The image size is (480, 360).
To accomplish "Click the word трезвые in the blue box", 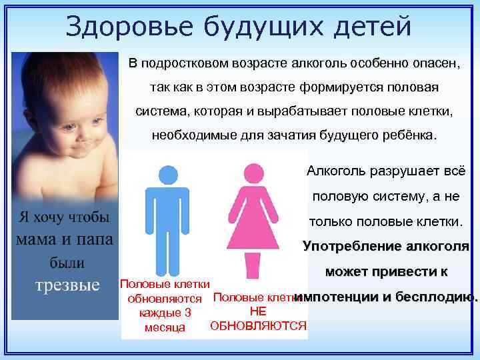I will [x=67, y=285].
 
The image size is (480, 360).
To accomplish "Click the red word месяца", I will [x=164, y=327].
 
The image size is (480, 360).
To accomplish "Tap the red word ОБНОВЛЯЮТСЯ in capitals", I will [x=258, y=325].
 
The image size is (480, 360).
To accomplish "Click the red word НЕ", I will [x=257, y=311].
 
